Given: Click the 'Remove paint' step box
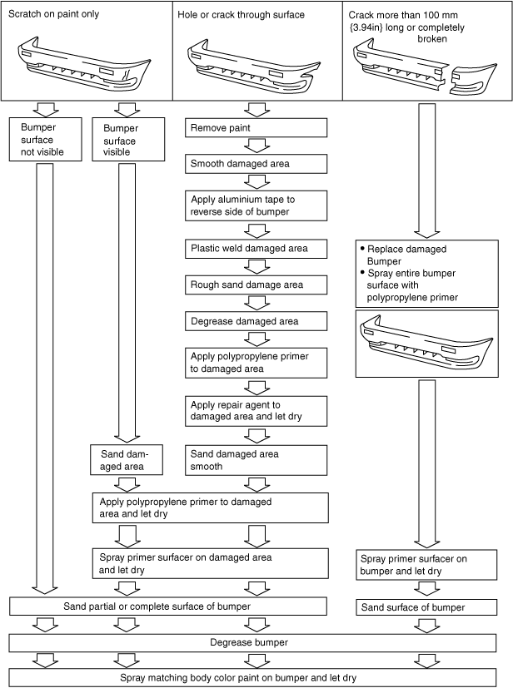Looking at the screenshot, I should pyautogui.click(x=256, y=128).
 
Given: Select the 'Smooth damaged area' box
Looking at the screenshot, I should pyautogui.click(x=256, y=164).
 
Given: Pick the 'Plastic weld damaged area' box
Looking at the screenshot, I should pyautogui.click(x=256, y=249).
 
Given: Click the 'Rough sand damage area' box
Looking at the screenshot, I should pyautogui.click(x=256, y=285).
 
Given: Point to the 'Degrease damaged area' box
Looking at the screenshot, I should pyautogui.click(x=256, y=321).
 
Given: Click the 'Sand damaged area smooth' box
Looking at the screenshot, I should pyautogui.click(x=256, y=460).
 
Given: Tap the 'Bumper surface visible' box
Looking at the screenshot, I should pyautogui.click(x=124, y=140).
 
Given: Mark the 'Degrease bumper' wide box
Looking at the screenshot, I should pyautogui.click(x=256, y=643).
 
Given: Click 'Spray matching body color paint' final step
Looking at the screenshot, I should pyautogui.click(x=256, y=677).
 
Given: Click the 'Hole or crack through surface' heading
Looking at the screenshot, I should pyautogui.click(x=241, y=14).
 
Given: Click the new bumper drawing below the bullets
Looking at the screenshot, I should pyautogui.click(x=421, y=343).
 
